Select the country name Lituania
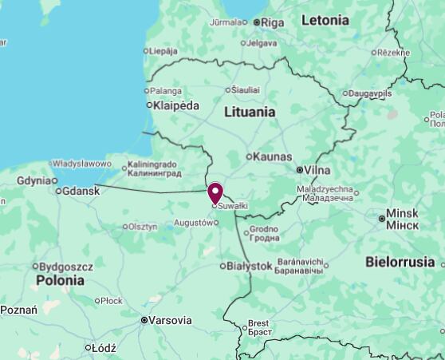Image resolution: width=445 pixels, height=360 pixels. tap(250, 113)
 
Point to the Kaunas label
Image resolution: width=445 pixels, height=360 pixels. tap(271, 156)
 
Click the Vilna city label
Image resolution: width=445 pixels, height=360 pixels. tap(316, 170)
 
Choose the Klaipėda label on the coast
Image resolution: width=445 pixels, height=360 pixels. tap(176, 105)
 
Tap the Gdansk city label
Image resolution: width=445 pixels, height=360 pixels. tap(81, 191)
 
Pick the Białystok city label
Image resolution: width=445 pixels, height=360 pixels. tap(250, 266)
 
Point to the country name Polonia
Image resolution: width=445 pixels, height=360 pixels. tap(60, 280)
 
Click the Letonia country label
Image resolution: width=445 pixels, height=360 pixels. tap(325, 21)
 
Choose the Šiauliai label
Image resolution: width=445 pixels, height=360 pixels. tap(245, 90)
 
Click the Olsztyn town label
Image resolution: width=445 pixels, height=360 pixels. tap(142, 227)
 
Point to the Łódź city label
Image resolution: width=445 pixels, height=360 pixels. tap(104, 348)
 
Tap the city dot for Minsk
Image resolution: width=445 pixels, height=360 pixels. tap(381, 218)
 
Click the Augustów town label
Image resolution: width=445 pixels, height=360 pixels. tap(195, 222)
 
